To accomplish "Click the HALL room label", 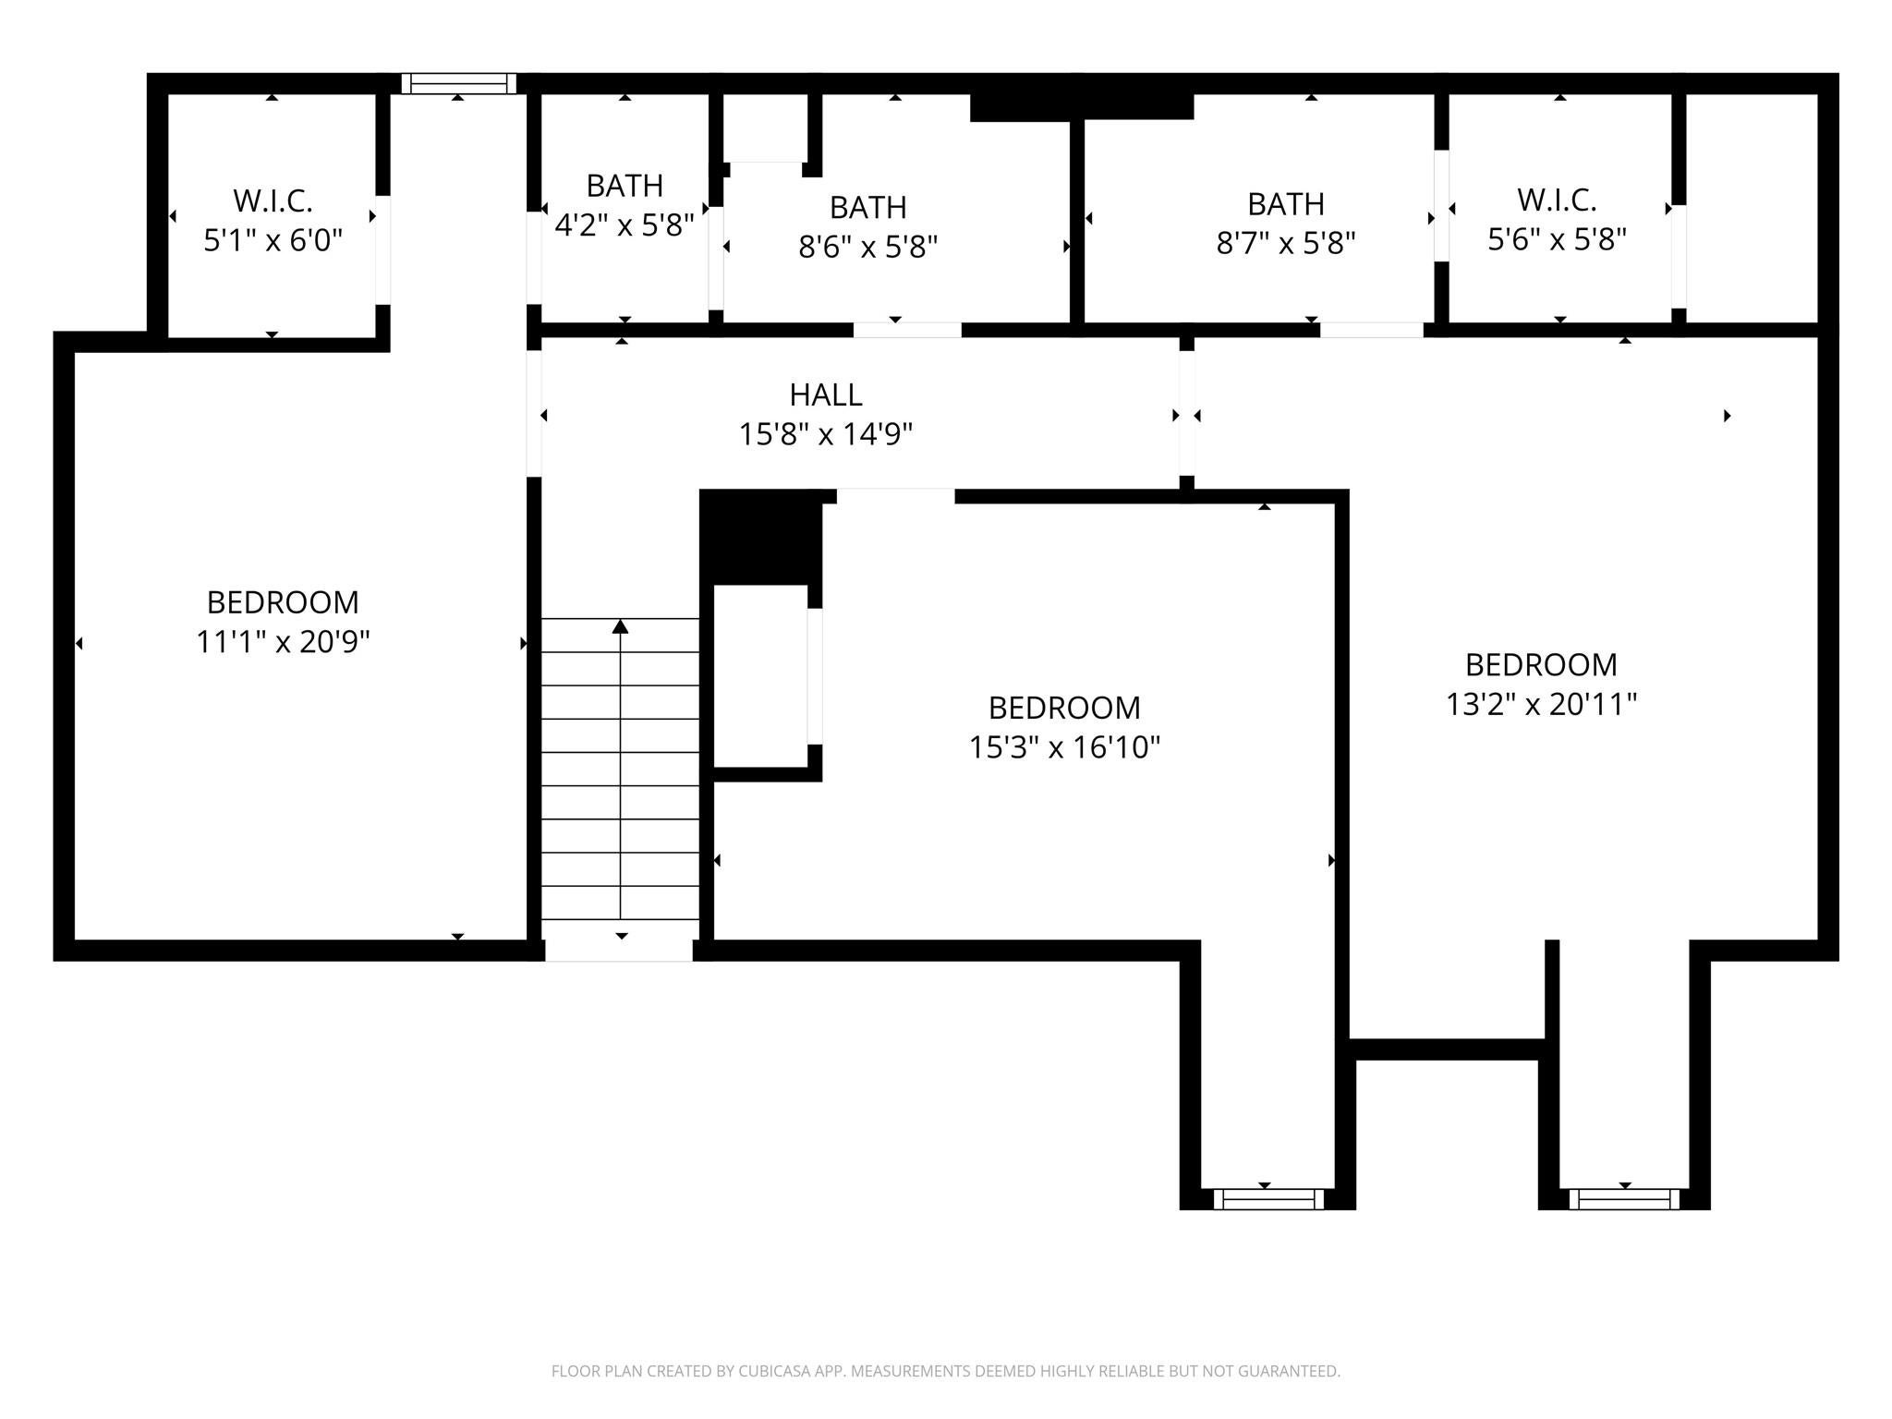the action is tap(826, 394).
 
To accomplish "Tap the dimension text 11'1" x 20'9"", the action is tap(283, 641).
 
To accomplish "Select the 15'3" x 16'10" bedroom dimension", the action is tap(1064, 746).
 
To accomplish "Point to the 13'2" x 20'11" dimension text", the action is tap(1541, 704).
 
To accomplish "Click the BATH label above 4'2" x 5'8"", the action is tap(625, 186).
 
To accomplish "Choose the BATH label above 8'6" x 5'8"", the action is tap(867, 207).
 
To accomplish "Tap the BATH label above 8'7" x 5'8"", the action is tap(1286, 203).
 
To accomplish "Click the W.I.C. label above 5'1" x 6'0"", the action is tap(273, 200).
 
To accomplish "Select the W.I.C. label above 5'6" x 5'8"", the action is tap(1557, 200).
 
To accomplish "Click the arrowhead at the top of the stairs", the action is tap(621, 626).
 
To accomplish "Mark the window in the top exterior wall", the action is tap(459, 83).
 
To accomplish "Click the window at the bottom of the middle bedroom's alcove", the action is tap(1267, 1199).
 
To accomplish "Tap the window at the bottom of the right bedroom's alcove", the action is tap(1624, 1199).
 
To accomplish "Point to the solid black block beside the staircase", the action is tap(761, 537).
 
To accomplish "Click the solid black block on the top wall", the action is tap(1082, 106).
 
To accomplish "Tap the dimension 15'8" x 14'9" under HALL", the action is tap(826, 433).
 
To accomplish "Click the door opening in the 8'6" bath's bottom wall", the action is tap(907, 330).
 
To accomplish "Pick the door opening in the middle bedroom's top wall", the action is tap(895, 496).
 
